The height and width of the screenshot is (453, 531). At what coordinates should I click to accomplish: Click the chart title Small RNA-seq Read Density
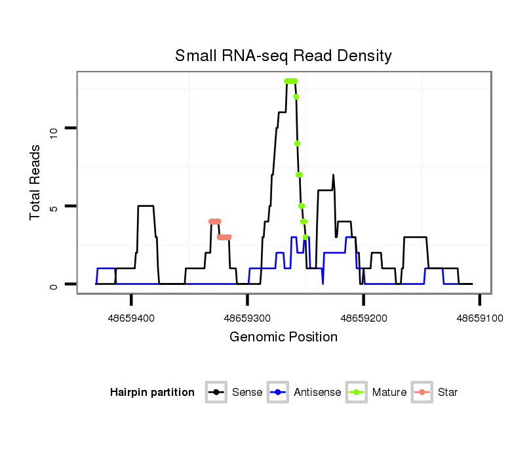283,56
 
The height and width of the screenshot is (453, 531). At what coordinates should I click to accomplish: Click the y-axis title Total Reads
36,182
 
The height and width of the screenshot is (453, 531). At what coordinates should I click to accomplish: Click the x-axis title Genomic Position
283,337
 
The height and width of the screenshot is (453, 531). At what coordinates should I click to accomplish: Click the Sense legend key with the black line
216,393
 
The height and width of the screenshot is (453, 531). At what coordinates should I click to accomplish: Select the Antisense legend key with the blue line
279,393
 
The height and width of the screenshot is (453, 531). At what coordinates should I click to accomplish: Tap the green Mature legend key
357,393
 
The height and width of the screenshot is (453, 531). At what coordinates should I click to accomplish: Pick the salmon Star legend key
422,393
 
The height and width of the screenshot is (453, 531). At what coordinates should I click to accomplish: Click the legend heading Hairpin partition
152,393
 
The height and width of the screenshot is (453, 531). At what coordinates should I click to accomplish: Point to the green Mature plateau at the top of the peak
290,81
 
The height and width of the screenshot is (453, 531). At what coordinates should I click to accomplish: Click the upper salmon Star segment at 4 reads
214,221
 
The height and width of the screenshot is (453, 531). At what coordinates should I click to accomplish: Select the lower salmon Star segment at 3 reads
224,237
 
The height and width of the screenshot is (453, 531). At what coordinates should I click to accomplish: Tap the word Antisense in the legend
317,393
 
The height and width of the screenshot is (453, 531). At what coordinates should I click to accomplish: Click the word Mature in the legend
389,393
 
